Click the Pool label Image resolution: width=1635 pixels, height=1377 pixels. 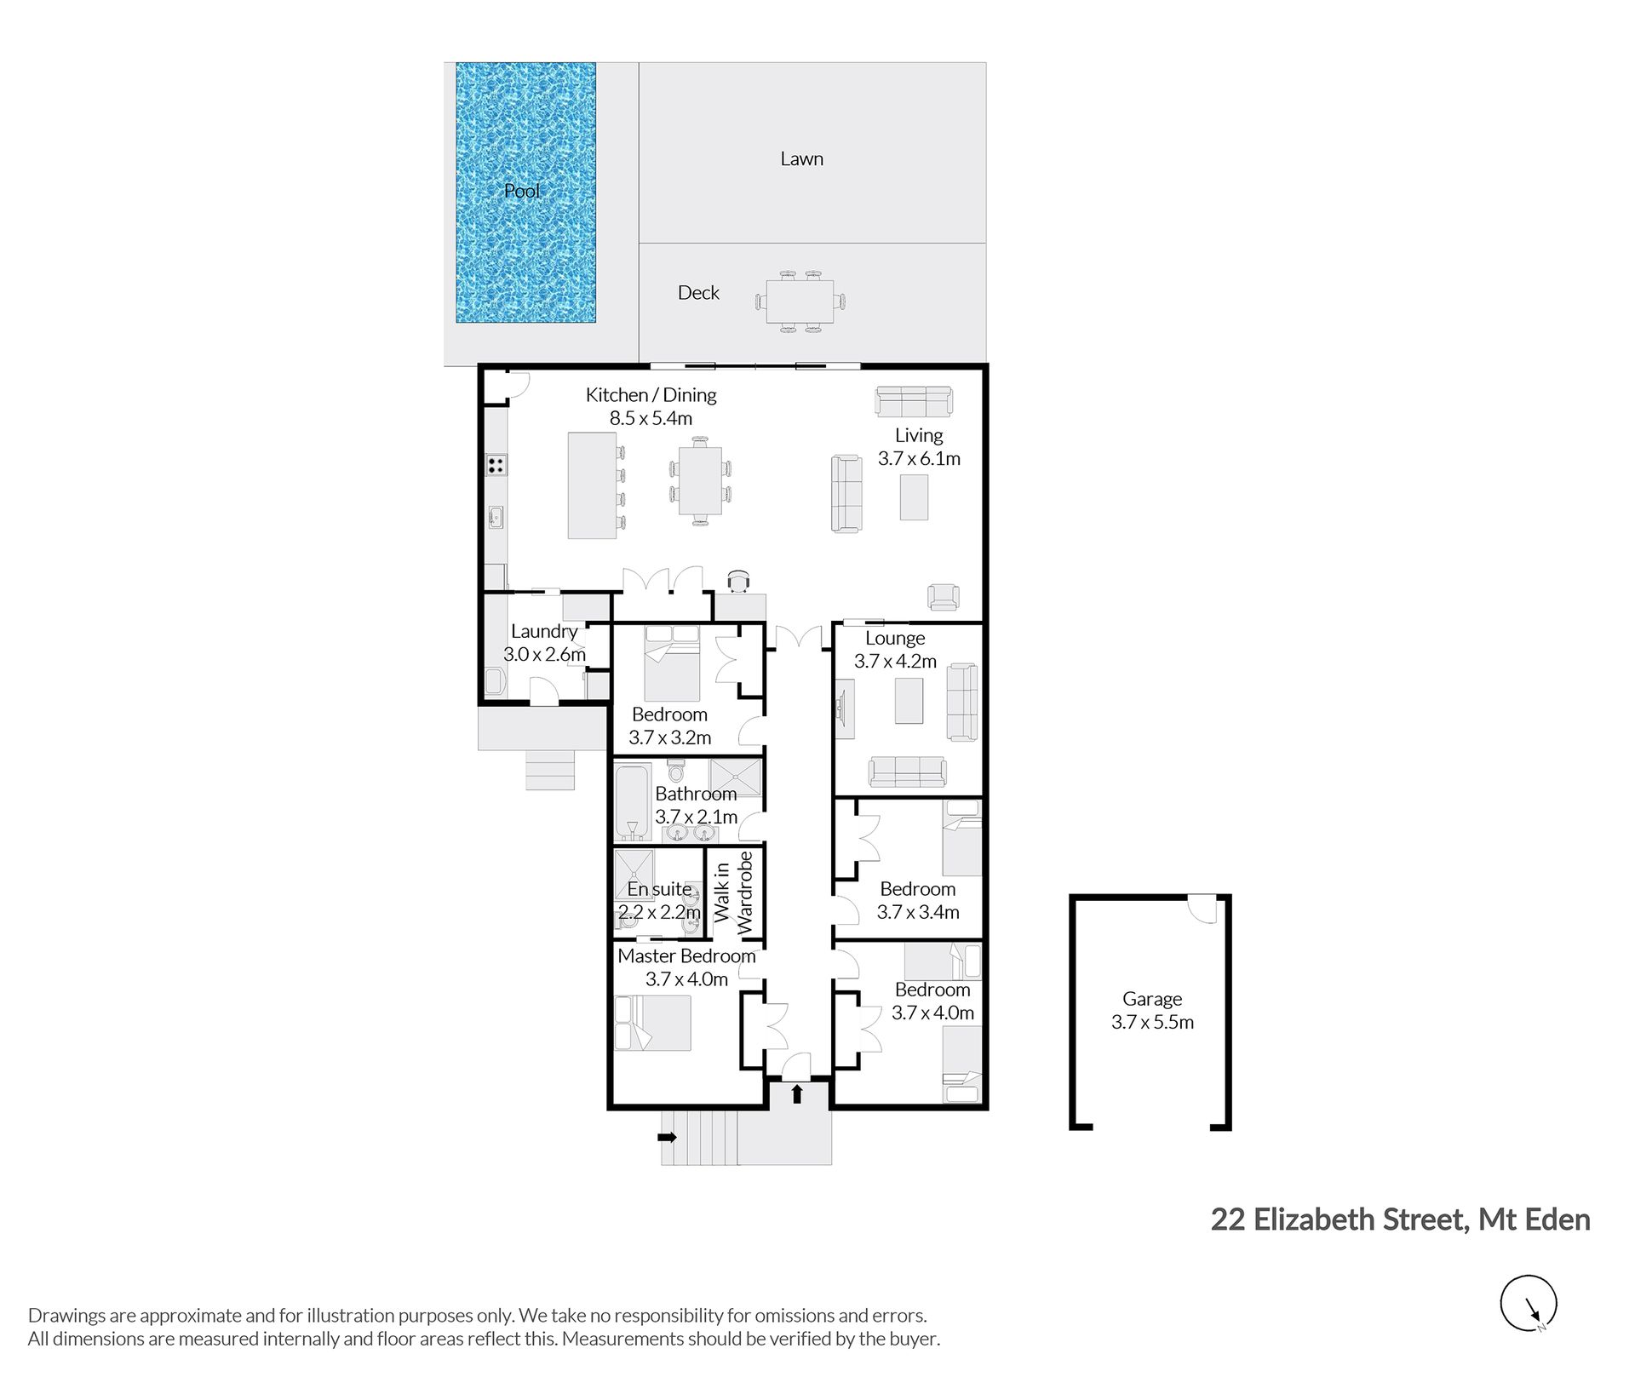(522, 191)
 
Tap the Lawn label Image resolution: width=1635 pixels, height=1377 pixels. (801, 158)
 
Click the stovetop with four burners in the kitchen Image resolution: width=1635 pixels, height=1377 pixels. (496, 465)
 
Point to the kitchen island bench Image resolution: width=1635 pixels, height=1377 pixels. (592, 485)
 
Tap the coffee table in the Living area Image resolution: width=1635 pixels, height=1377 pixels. (915, 497)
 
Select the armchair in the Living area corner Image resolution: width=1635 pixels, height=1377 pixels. (944, 596)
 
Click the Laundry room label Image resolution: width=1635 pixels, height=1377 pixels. (544, 631)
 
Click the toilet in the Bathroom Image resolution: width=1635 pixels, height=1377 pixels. (676, 771)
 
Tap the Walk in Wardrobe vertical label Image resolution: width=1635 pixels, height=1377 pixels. (733, 892)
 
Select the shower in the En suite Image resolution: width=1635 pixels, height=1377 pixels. (634, 875)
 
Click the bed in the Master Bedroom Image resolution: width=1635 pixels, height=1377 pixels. (652, 1023)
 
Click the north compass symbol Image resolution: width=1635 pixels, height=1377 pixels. (1529, 1303)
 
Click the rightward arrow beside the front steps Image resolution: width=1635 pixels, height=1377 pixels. (668, 1137)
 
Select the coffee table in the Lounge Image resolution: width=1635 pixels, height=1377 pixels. (909, 700)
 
